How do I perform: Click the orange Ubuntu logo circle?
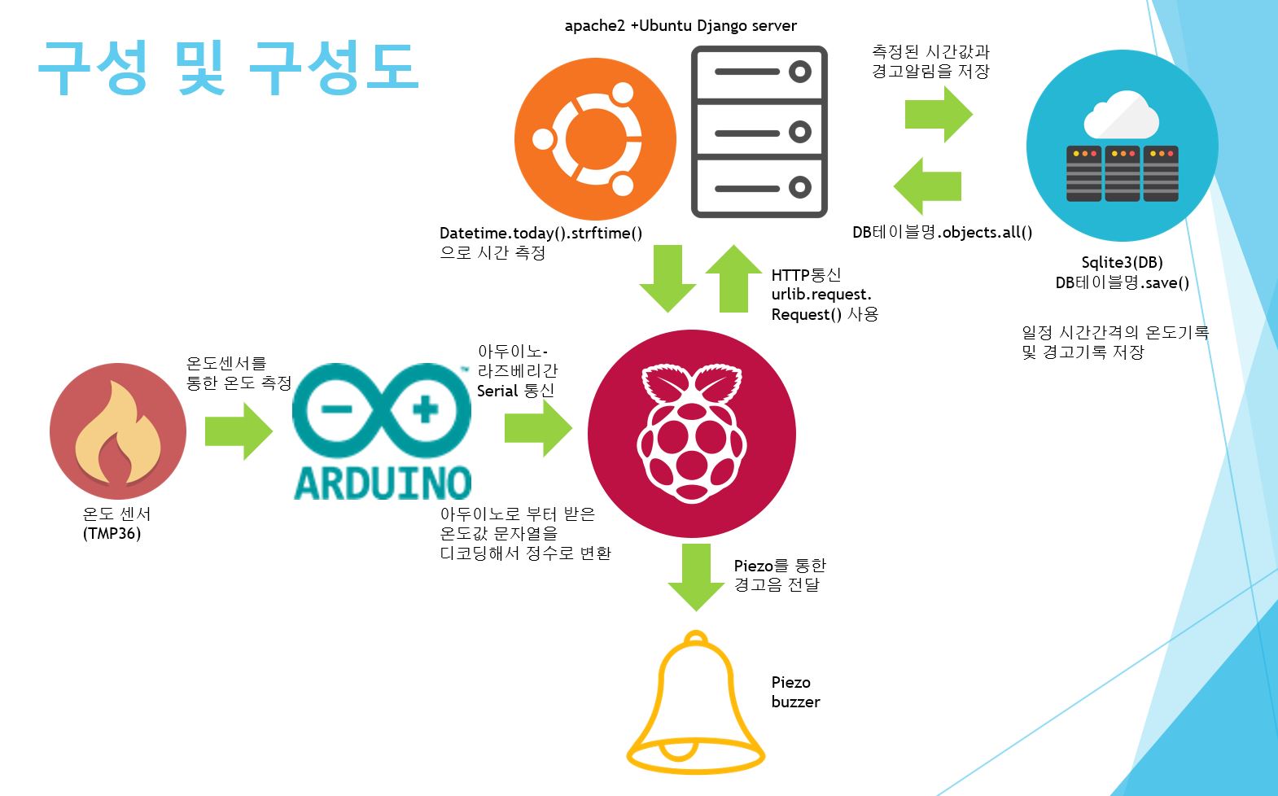coord(595,139)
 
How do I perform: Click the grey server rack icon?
coord(759,132)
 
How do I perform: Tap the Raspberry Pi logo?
coord(691,433)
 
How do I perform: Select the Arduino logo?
coord(382,431)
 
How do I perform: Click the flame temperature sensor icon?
coord(118,431)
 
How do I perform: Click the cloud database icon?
coord(1122,147)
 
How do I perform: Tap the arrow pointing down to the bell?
coord(696,577)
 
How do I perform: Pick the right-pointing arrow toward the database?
coord(939,114)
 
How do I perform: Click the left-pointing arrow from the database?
coord(927,186)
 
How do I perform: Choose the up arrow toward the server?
coord(734,278)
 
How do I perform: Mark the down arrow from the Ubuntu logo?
coord(667,278)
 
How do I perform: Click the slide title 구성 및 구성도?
coord(228,68)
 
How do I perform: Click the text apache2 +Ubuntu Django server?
coord(681,26)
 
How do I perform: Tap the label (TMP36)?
coord(112,534)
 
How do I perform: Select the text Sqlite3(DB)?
coord(1122,262)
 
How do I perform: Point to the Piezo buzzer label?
coord(794,692)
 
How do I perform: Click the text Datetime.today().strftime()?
coord(541,234)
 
